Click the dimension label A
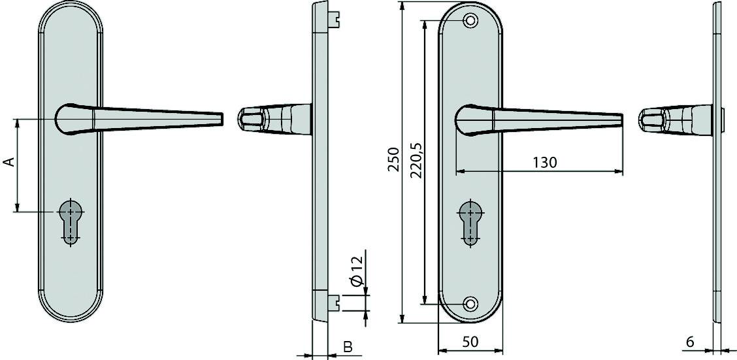(x=9, y=161)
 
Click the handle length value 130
(x=544, y=162)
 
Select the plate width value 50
(x=470, y=341)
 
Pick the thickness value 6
(x=690, y=341)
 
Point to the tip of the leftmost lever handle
(x=220, y=118)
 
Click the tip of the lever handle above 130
(x=619, y=120)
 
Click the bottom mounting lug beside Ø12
(x=336, y=302)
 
